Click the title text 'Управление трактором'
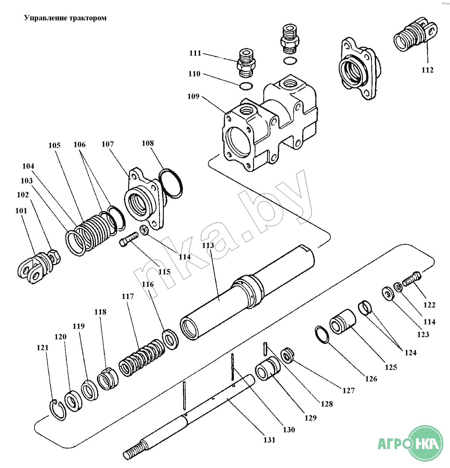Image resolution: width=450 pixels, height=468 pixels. (65, 18)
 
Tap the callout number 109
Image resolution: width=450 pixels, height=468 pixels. (193, 96)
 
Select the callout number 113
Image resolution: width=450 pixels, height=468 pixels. (208, 245)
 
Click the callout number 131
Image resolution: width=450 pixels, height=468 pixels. (269, 440)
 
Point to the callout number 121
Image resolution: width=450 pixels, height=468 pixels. (42, 348)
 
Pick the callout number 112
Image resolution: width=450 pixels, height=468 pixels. (427, 70)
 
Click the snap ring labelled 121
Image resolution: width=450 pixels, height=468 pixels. (58, 410)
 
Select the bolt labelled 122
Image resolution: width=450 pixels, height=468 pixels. (411, 279)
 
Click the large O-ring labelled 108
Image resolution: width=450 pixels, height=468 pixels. (171, 184)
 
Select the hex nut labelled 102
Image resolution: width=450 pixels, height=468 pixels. (54, 256)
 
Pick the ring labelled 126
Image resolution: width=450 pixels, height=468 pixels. (322, 335)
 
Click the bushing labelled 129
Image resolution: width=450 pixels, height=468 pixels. (268, 369)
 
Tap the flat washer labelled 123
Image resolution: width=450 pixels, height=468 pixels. (388, 293)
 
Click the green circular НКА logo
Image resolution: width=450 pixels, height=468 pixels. (426, 443)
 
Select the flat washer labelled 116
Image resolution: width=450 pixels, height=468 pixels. (170, 339)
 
